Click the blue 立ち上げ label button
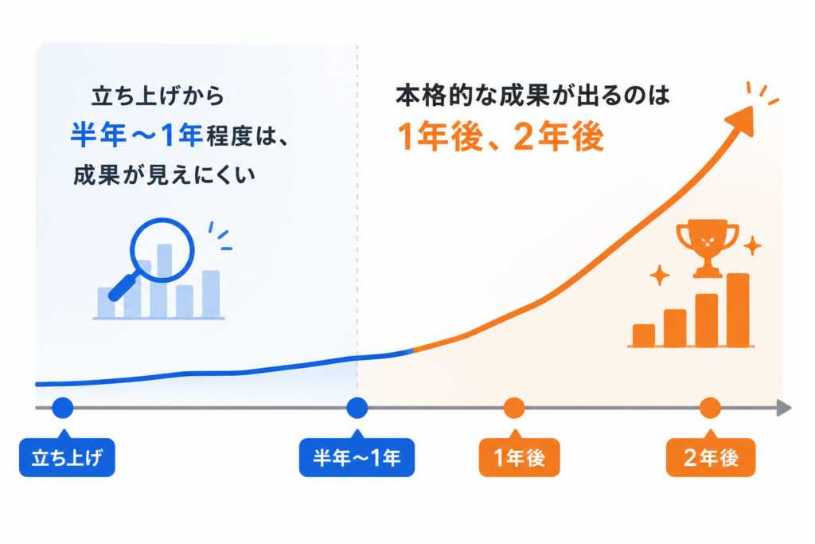[67, 458]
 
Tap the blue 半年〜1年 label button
[357, 458]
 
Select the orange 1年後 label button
[519, 458]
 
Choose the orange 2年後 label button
[711, 458]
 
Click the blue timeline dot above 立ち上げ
[63, 408]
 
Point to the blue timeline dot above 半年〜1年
[357, 408]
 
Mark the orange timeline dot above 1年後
[514, 408]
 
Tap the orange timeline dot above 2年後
[710, 408]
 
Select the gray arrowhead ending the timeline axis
[784, 409]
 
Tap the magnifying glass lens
[162, 250]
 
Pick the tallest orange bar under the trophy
[738, 310]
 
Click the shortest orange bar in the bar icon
[643, 335]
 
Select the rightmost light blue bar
[210, 294]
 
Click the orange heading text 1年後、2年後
[501, 137]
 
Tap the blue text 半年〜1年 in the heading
[136, 135]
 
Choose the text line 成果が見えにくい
[164, 175]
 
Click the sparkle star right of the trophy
[752, 246]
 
